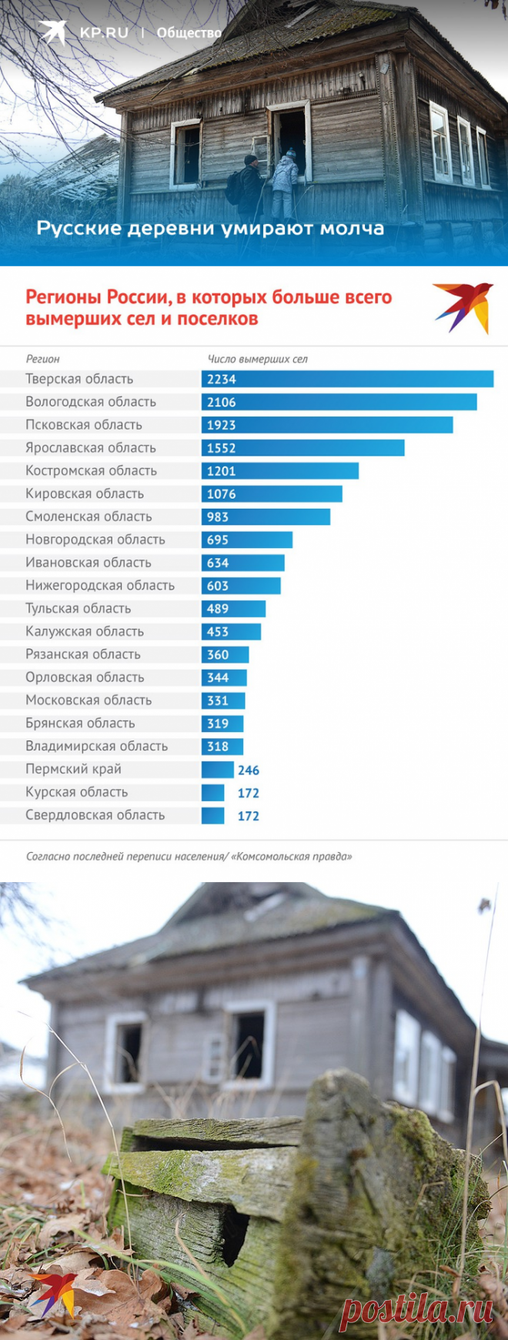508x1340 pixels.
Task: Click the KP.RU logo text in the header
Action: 104,32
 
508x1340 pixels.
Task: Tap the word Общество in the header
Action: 189,32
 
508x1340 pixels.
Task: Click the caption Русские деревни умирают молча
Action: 210,229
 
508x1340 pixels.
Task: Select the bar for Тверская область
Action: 347,379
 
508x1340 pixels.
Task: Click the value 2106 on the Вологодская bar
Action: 222,402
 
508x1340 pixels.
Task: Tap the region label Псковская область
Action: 84,425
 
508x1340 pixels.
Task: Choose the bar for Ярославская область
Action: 302,448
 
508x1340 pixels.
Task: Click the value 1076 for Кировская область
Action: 222,494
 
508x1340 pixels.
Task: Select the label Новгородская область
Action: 95,540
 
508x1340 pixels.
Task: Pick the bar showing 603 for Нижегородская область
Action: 241,586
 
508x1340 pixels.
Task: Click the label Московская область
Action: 89,700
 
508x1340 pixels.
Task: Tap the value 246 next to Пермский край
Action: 249,770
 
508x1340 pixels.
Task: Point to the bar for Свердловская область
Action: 213,815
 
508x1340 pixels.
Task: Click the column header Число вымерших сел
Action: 258,359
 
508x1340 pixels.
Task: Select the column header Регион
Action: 42,359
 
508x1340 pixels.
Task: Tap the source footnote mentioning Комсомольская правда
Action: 189,856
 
